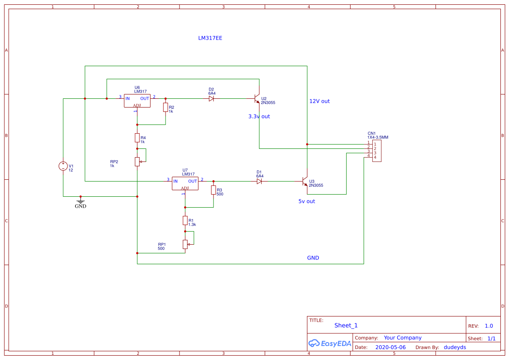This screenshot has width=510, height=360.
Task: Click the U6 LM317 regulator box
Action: [x=137, y=101]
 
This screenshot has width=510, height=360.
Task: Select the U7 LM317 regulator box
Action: [x=185, y=183]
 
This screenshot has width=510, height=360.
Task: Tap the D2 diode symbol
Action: [x=211, y=98]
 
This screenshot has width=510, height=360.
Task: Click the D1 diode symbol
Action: [x=259, y=181]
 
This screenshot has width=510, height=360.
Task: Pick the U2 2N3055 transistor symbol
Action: [x=257, y=99]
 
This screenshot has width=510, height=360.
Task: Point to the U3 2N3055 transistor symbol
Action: [x=305, y=182]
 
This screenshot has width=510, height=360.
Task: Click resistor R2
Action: [x=165, y=108]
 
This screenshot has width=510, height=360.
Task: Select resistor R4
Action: [x=137, y=138]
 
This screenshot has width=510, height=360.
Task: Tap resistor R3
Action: [x=213, y=190]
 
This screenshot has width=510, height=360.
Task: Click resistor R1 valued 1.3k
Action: [x=185, y=221]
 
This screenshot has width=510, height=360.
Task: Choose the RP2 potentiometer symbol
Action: [x=137, y=161]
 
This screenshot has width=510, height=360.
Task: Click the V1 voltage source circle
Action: [x=63, y=166]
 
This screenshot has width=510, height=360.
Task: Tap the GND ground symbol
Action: [x=81, y=201]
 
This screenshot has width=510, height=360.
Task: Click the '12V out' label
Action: [x=319, y=101]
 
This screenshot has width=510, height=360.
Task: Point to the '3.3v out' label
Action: [x=259, y=116]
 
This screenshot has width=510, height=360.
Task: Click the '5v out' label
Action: [x=307, y=201]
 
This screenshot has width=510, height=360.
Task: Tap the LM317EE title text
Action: [x=210, y=38]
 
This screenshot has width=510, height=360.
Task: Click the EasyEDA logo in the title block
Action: [x=330, y=343]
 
